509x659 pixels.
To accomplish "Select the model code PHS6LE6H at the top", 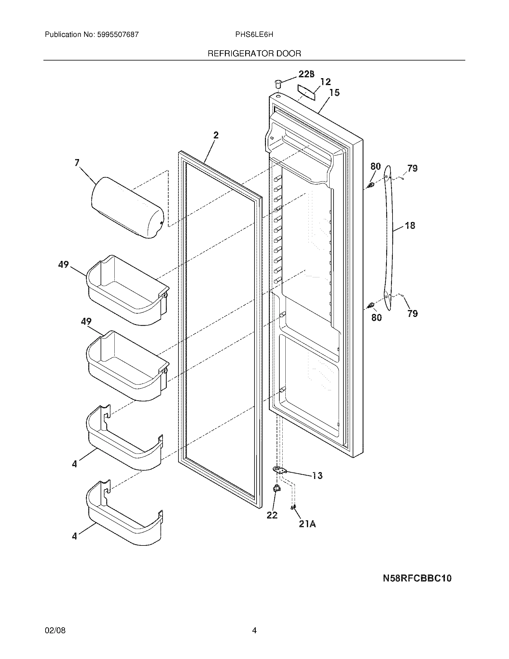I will tap(254, 34).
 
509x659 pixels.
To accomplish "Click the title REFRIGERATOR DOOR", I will tap(254, 54).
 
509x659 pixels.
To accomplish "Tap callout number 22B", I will tap(306, 74).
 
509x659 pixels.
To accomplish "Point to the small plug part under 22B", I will tap(278, 84).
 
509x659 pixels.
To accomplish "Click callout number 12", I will tap(325, 82).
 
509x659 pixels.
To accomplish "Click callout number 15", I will tap(334, 92).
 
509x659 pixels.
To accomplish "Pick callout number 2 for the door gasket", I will tap(216, 135).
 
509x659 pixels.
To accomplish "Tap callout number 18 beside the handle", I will tap(410, 225).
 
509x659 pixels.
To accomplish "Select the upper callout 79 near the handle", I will tap(412, 168).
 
